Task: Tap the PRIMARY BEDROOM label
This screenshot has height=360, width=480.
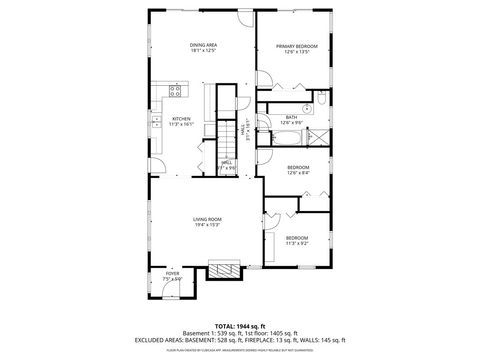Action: point(298,46)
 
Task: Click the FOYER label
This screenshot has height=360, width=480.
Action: point(173,272)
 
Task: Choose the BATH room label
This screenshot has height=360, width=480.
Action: point(291,117)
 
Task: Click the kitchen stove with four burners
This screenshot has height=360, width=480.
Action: point(174,92)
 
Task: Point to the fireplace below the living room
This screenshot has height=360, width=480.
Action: point(223,268)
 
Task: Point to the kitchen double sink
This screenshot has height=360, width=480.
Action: point(157,123)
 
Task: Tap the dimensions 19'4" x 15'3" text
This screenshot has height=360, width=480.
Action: point(207,225)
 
